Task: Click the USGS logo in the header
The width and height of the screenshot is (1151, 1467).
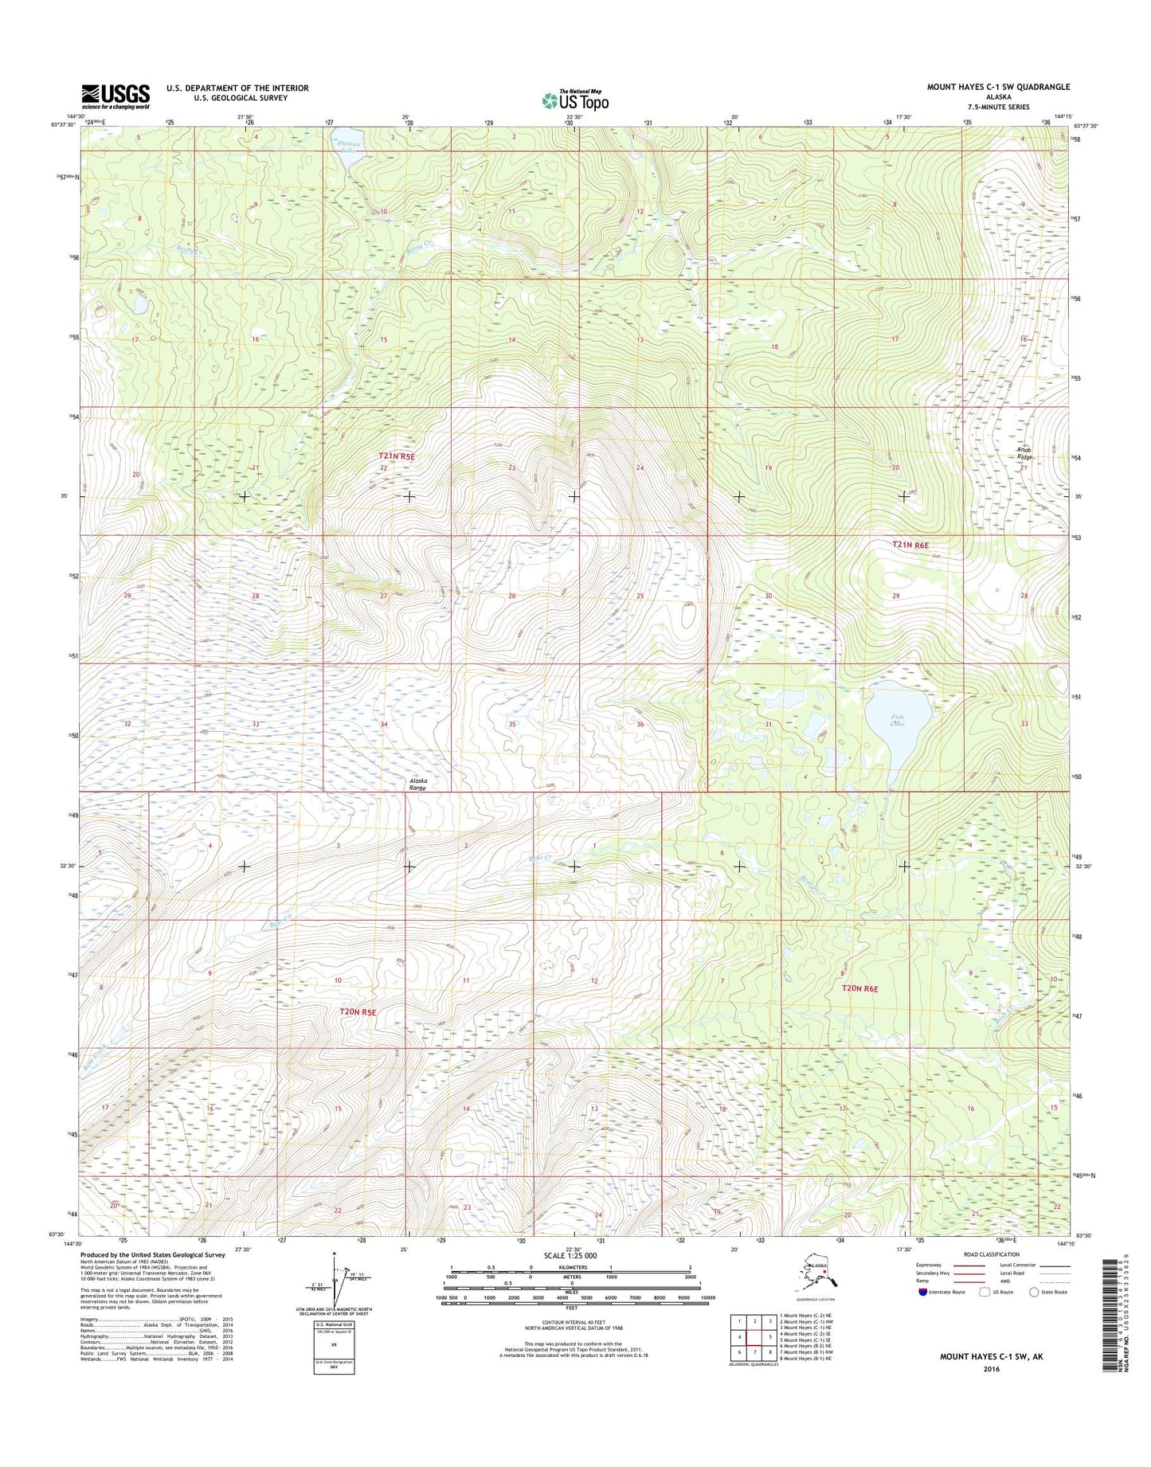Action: pos(115,96)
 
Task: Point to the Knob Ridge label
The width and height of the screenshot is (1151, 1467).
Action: pos(1024,454)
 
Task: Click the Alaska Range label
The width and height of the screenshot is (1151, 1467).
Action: pos(418,784)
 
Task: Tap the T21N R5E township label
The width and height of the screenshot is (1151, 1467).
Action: pos(397,456)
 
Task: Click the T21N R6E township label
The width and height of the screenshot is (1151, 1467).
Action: pos(910,545)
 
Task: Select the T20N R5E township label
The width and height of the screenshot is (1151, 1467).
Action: pos(357,1011)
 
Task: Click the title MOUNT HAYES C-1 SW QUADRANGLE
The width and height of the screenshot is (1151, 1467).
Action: pos(998,87)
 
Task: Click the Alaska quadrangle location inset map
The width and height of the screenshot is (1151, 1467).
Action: pos(820,1283)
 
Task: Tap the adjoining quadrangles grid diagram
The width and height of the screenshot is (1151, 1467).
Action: pos(754,1338)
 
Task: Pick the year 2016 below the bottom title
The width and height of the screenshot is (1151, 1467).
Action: pos(992,1369)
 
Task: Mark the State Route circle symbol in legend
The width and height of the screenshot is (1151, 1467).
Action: pos(1034,1292)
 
